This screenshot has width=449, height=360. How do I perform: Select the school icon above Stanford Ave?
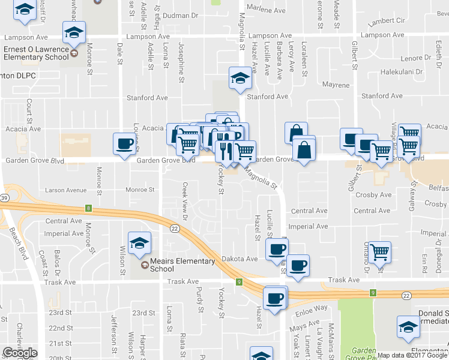tap(240, 78)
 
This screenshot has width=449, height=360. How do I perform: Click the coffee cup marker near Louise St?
tap(125, 144)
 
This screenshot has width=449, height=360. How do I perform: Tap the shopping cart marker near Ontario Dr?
tap(379, 252)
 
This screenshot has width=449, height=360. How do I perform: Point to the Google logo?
tap(20, 353)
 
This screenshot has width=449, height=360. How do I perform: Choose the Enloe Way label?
tap(312, 308)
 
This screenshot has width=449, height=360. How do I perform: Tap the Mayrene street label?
tap(336, 85)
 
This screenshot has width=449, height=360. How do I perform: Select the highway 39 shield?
tap(4, 198)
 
